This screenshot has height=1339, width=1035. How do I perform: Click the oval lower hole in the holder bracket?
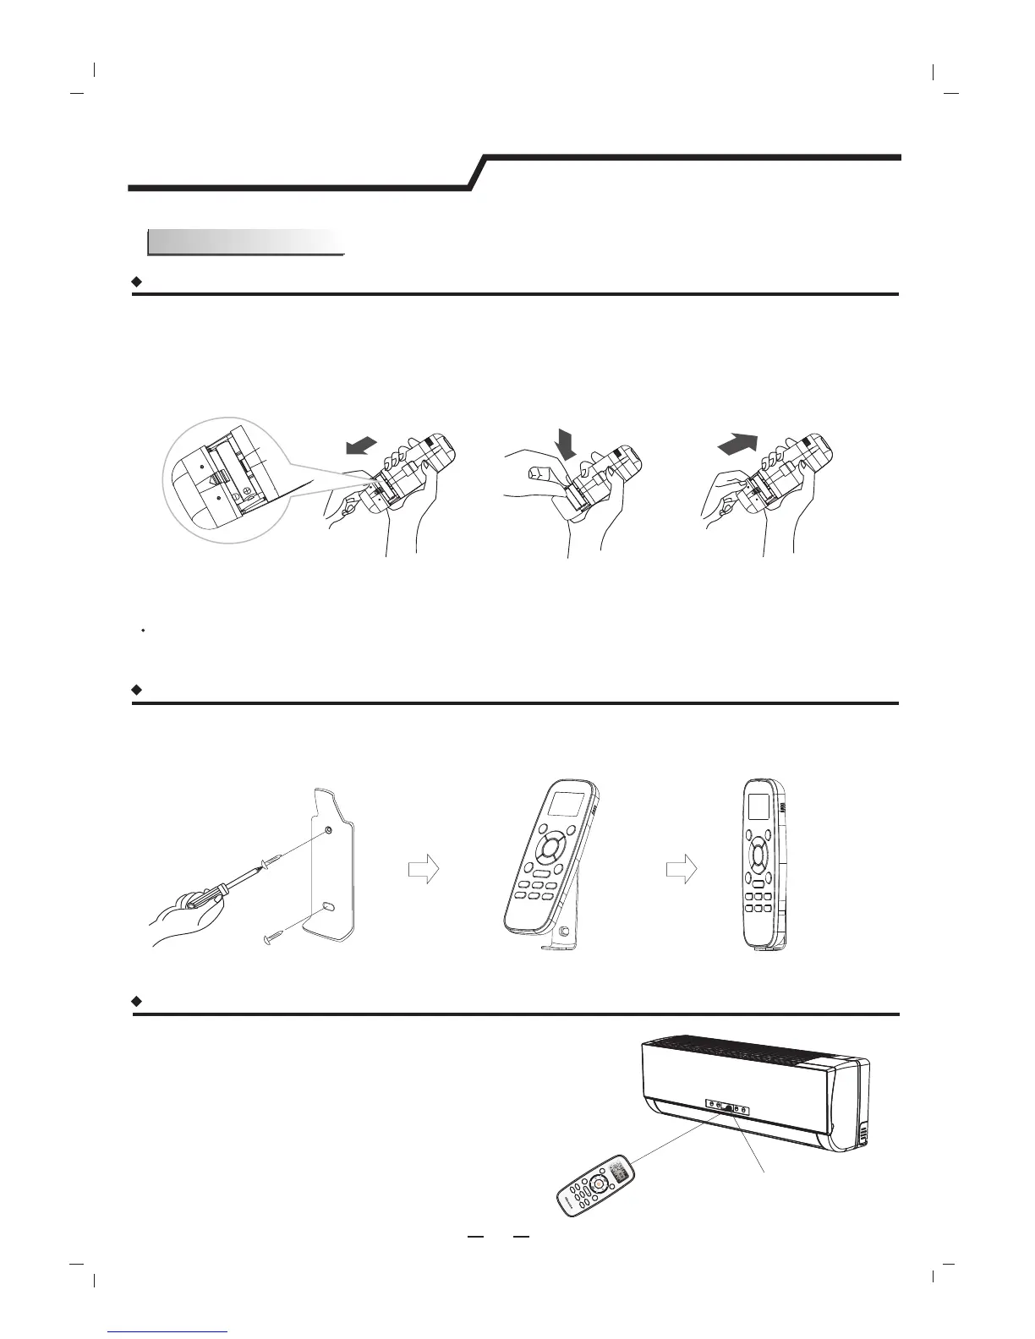point(328,906)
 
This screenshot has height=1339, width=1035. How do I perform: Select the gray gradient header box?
point(246,243)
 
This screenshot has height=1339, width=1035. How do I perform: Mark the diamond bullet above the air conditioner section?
point(136,1001)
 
